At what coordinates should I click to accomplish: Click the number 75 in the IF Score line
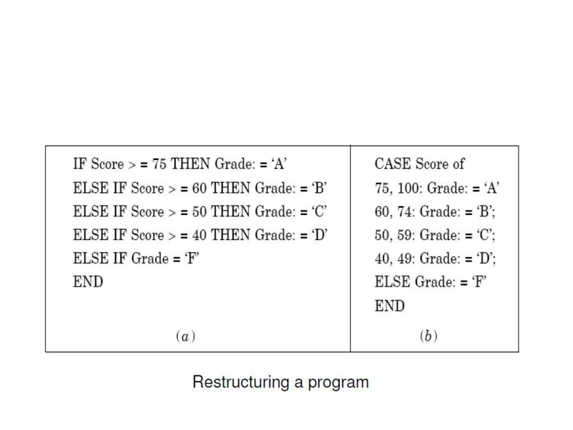159,164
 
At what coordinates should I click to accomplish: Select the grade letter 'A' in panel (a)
279,164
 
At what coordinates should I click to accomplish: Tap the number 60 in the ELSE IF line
199,188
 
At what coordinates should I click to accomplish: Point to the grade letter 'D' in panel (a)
319,235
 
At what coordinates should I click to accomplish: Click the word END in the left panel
88,282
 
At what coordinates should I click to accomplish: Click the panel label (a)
185,336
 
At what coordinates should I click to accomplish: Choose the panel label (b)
428,336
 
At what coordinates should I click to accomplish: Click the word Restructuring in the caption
241,382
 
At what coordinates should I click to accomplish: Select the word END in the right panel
389,305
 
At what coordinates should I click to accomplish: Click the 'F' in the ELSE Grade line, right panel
479,282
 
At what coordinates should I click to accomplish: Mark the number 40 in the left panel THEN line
199,235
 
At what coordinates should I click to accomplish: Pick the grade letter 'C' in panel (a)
319,211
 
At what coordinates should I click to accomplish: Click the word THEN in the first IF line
190,164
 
